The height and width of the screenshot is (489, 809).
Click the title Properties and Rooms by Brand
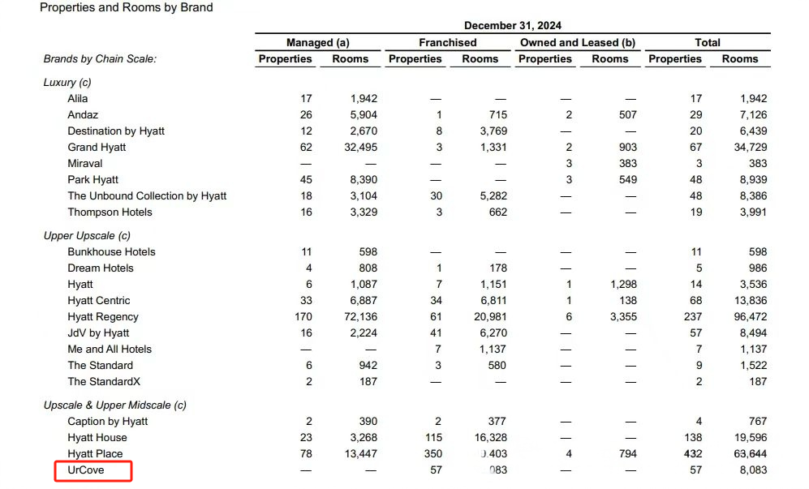(x=126, y=8)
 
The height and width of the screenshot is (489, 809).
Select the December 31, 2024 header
(x=512, y=26)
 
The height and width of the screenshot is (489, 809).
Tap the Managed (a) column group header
(x=318, y=43)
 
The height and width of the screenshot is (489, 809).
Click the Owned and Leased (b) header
(x=577, y=43)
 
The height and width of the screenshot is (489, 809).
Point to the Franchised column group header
(x=447, y=43)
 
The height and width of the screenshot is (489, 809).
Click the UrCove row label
(x=86, y=470)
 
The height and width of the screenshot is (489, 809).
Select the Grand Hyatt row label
(x=97, y=148)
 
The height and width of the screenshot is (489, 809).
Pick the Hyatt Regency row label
(x=103, y=317)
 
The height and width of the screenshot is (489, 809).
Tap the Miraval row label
(x=85, y=164)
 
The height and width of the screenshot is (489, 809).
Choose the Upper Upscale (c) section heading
(x=87, y=236)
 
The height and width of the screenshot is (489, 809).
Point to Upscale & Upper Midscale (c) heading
(x=115, y=405)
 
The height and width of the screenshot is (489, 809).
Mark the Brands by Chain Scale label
(x=100, y=59)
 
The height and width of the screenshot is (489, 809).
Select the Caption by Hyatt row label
(x=108, y=422)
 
